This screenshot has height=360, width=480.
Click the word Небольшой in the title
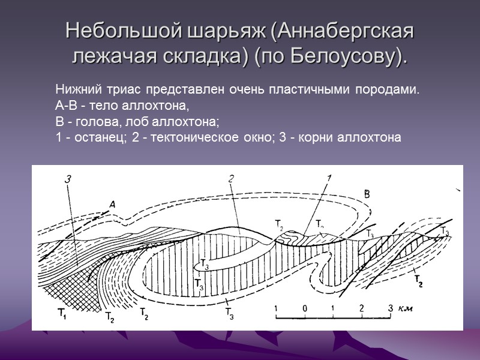click(x=113, y=30)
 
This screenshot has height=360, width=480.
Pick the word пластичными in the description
click(x=313, y=90)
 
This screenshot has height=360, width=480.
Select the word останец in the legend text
click(x=94, y=137)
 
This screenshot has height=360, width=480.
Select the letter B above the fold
click(x=367, y=193)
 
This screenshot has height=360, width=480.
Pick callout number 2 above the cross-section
click(x=230, y=178)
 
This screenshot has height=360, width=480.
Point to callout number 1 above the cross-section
click(x=329, y=177)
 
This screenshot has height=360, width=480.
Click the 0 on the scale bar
click(x=305, y=308)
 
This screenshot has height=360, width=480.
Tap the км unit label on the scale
click(x=407, y=308)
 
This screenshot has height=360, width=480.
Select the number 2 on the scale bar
click(x=362, y=308)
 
